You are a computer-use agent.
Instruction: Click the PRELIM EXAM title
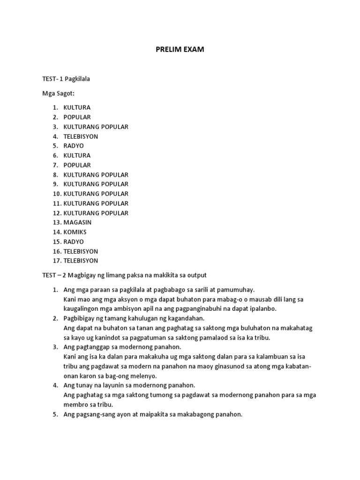180,49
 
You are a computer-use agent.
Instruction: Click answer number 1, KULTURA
77,107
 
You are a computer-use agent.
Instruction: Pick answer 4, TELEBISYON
81,136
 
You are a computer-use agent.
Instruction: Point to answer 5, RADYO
74,146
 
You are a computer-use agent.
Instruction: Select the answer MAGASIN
77,222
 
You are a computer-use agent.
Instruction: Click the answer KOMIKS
75,232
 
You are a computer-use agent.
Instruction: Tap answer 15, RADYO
74,241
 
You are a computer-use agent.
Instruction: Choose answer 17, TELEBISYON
81,261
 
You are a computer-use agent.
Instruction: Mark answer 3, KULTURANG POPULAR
96,127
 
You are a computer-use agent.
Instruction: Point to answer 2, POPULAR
77,117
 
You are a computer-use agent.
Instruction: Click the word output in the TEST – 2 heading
196,275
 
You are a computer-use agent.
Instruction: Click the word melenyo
143,376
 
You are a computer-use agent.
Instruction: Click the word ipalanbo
262,308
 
